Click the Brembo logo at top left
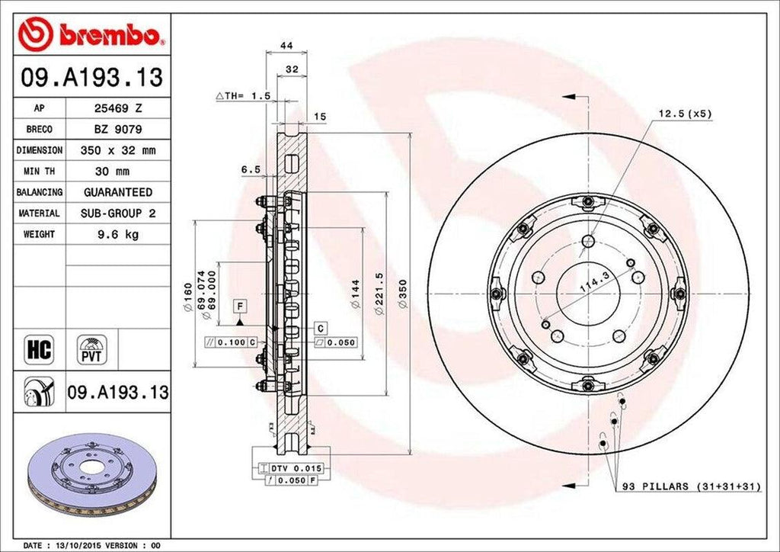point(92,34)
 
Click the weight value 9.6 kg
point(118,235)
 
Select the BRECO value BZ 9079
point(118,130)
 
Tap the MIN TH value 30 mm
point(118,172)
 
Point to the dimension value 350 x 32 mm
point(118,151)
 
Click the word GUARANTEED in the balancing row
point(118,193)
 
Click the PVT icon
point(91,350)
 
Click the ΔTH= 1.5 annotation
point(244,96)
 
